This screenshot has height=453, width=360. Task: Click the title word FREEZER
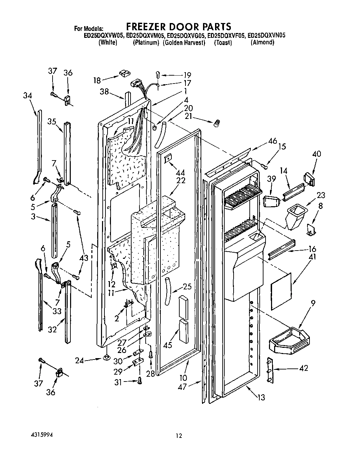148,26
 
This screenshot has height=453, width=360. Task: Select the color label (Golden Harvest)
184,43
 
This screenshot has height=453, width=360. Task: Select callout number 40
316,154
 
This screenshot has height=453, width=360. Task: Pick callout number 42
303,368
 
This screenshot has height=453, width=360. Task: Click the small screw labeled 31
139,380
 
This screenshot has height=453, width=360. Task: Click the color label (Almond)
262,43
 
